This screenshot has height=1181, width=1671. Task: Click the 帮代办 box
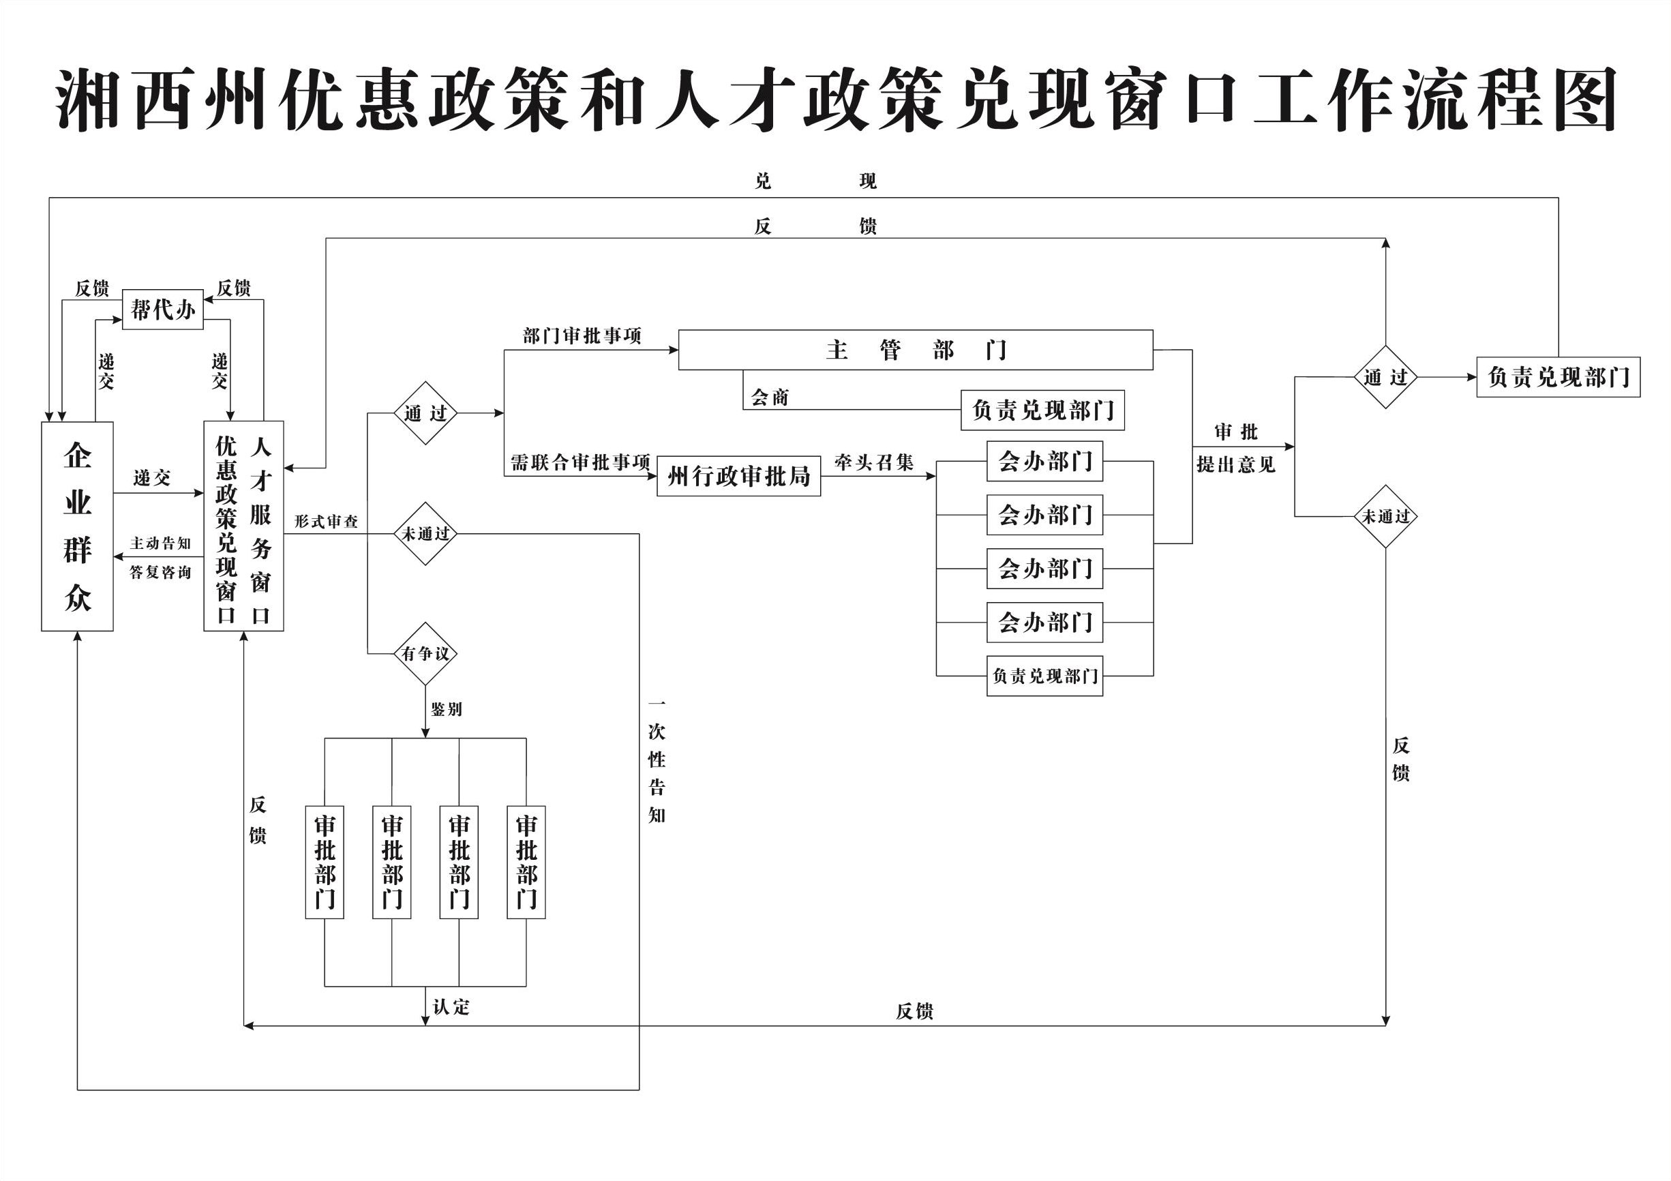[x=162, y=310]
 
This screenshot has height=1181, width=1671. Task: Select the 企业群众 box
[x=77, y=526]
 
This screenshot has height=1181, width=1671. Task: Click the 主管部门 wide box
[x=915, y=350]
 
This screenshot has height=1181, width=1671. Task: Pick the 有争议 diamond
[x=425, y=654]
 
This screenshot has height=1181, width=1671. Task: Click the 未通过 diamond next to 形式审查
[x=425, y=534]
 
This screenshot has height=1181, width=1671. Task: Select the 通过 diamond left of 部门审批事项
[x=425, y=413]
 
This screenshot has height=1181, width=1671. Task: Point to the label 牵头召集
[x=873, y=462]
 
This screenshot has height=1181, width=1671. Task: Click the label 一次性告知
[x=657, y=759]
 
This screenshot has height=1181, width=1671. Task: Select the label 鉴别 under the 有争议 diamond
[x=446, y=709]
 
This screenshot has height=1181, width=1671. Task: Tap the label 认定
[x=451, y=1007]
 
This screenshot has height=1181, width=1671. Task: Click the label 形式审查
[x=326, y=522]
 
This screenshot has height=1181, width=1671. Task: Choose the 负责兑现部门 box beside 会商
[x=1042, y=410]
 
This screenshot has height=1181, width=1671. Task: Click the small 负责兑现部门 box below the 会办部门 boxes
[x=1044, y=676]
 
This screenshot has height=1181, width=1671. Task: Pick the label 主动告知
[x=160, y=543]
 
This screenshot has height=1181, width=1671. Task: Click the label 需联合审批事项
[x=580, y=462]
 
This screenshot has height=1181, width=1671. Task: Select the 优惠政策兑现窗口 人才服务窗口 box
[x=243, y=526]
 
